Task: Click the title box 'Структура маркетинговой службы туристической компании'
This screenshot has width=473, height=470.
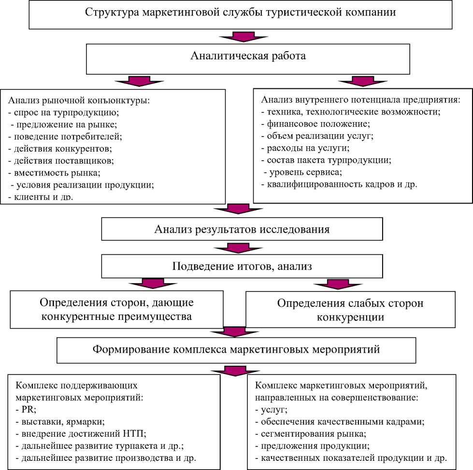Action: click(x=241, y=13)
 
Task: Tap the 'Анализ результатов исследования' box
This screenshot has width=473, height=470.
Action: click(x=242, y=229)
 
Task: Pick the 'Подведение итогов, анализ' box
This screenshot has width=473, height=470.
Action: click(x=242, y=265)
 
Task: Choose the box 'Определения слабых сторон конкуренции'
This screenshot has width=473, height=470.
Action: click(x=350, y=310)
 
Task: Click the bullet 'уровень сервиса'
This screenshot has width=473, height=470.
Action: click(x=301, y=172)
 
